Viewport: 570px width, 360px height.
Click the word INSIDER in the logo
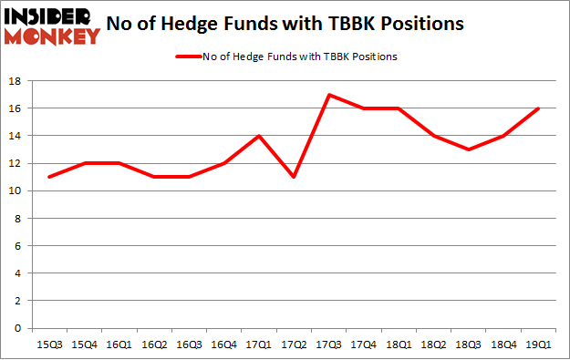tap(51, 16)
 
